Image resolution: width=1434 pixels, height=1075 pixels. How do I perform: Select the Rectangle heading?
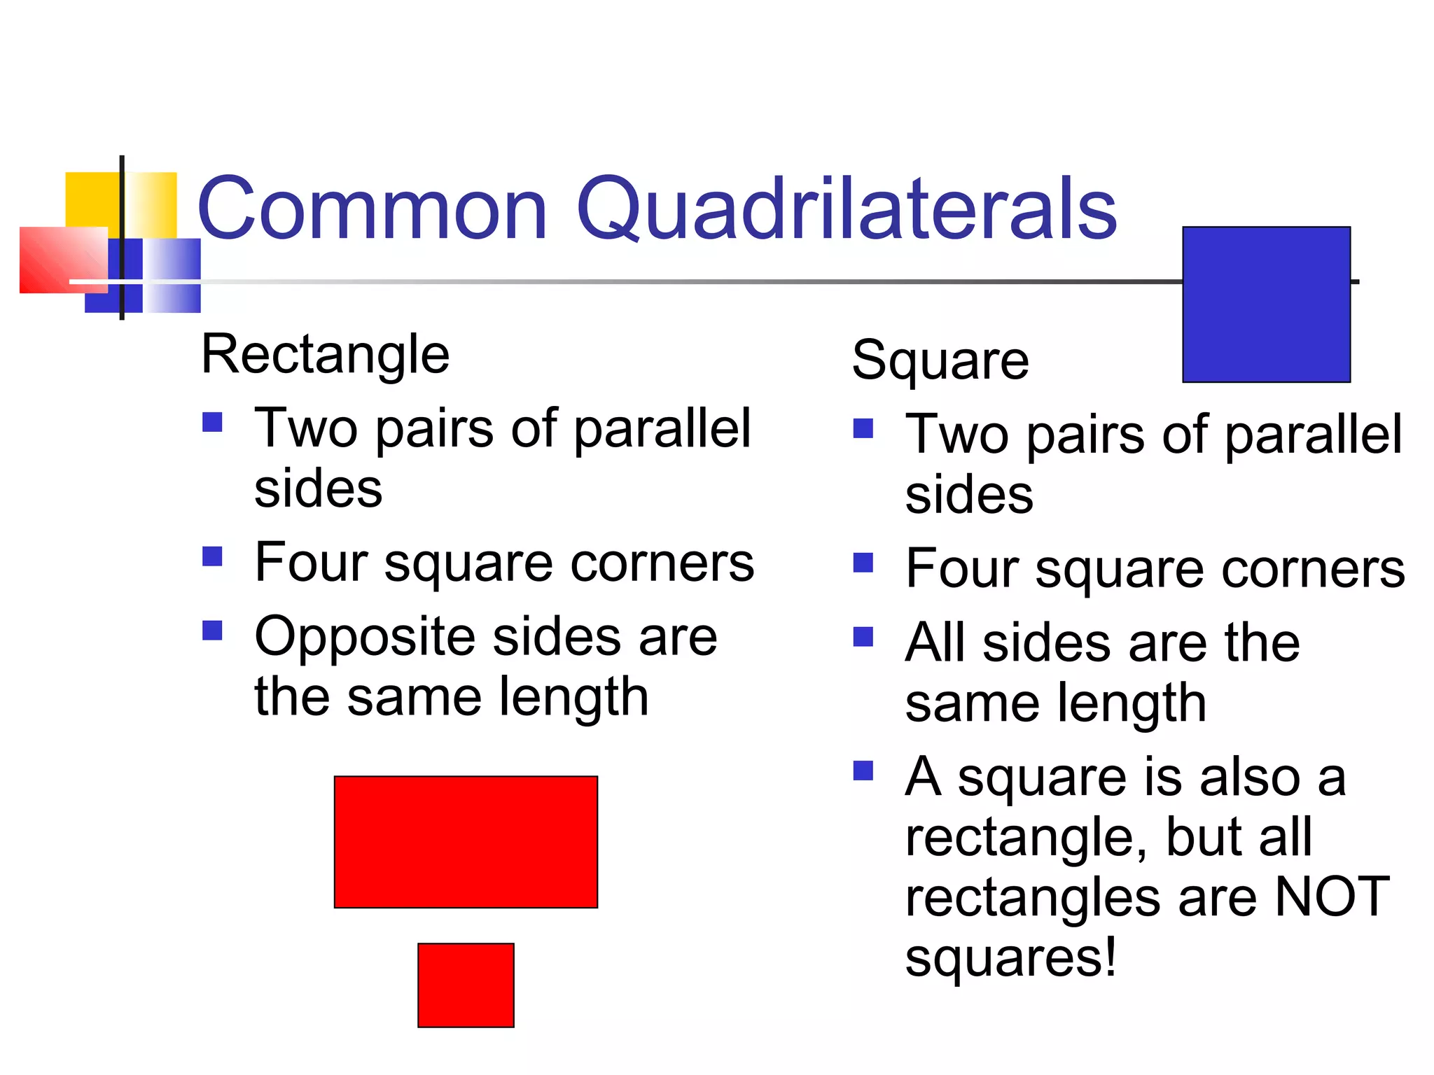[325, 356]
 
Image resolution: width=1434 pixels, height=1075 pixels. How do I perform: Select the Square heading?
[940, 361]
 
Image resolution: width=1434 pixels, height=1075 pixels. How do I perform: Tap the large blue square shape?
[1266, 304]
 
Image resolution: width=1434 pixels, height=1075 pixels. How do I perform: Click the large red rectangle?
[466, 842]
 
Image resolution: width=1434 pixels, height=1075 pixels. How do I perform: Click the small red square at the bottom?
[466, 985]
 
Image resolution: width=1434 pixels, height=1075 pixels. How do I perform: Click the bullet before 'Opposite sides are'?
[212, 631]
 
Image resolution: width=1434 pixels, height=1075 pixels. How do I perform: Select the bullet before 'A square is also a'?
[863, 771]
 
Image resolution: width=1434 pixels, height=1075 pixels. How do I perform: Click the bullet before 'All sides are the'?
[863, 637]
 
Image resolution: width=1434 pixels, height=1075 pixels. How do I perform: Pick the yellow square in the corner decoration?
[91, 199]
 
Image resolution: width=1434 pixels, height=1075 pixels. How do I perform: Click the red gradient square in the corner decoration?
[63, 259]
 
